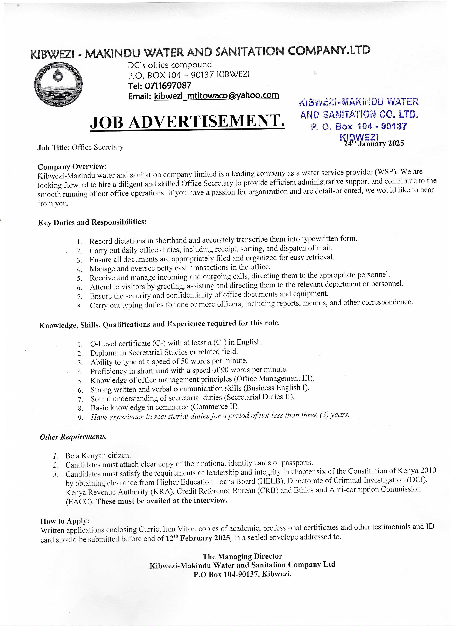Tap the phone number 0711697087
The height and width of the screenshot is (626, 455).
168,85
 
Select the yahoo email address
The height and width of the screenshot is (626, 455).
216,95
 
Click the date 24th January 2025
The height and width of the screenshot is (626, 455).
374,143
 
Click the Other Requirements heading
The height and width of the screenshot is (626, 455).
73,437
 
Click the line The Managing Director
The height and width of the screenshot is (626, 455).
242,556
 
